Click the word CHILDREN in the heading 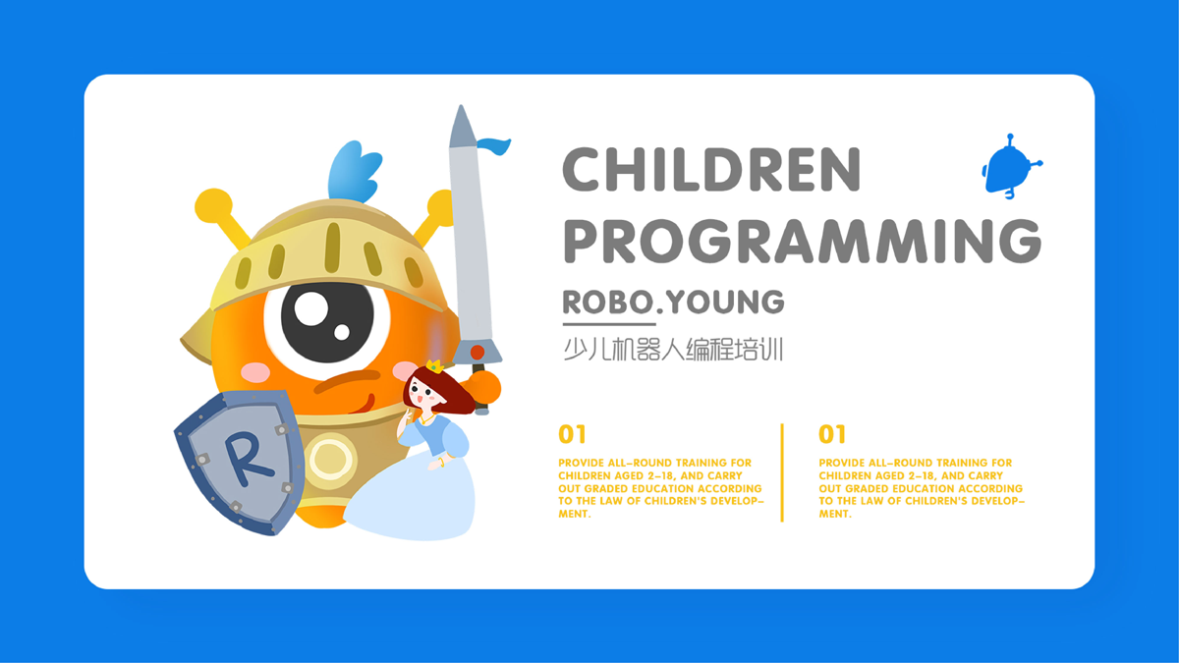click(x=711, y=169)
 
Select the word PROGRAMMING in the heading click(x=803, y=241)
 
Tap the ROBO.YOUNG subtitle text click(x=673, y=302)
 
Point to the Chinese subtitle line click(x=673, y=350)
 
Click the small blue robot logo click(x=1010, y=167)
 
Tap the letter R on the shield click(x=248, y=459)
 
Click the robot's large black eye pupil click(x=327, y=322)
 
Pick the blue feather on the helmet click(x=355, y=171)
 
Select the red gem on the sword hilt click(x=477, y=352)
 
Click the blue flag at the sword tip click(x=493, y=145)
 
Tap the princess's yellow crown click(x=434, y=366)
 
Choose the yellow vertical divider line click(x=782, y=472)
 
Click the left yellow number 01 click(x=572, y=434)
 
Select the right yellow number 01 click(x=832, y=434)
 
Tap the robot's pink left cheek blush click(x=255, y=372)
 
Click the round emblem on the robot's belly click(x=330, y=460)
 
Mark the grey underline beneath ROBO click(x=609, y=323)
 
